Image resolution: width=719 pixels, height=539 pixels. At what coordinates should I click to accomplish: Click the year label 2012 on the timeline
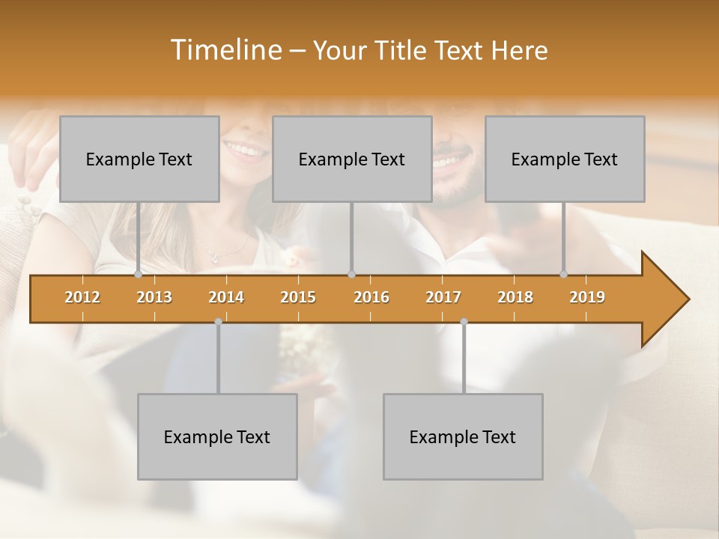(82, 297)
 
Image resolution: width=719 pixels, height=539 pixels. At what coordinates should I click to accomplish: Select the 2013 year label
(154, 297)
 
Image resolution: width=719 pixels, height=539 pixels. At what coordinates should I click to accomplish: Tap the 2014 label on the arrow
(226, 297)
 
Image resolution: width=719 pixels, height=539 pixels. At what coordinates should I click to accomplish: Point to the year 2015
(298, 297)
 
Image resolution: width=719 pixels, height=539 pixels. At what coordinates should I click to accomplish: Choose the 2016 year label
(371, 297)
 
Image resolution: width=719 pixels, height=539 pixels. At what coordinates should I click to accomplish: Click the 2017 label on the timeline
(443, 297)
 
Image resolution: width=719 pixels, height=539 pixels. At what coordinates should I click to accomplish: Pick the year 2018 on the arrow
(515, 297)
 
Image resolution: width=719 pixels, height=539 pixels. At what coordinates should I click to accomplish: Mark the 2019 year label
(587, 297)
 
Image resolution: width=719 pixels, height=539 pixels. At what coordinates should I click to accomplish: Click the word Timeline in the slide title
(224, 50)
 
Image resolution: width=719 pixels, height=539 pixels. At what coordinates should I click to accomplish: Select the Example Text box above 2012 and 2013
(139, 159)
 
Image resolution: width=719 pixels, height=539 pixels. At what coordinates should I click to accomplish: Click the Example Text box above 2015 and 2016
(352, 159)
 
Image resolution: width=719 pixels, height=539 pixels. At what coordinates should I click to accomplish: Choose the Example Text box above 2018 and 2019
(565, 159)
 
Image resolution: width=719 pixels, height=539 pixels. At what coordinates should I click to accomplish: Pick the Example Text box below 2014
(217, 436)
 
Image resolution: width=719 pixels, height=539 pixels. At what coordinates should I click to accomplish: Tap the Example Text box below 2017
(463, 436)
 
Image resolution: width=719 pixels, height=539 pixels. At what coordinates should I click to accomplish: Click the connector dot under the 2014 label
(218, 321)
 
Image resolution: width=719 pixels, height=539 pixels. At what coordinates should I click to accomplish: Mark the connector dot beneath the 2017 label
(464, 321)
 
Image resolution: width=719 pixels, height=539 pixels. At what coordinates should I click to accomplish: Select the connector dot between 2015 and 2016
(351, 275)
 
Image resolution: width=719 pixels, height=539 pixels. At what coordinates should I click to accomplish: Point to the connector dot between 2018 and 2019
(564, 275)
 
